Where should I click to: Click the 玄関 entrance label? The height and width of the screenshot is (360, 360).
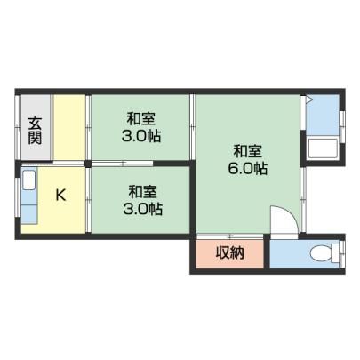35,131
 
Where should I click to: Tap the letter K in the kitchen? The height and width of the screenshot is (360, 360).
60,195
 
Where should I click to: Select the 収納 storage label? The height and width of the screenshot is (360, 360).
229,252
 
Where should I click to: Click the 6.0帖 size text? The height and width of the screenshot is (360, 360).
248,169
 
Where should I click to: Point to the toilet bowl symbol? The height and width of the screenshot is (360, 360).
321,253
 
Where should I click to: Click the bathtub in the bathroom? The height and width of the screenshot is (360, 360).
324,148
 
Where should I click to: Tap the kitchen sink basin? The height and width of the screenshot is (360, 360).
28,180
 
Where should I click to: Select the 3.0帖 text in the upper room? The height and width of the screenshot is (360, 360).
141,136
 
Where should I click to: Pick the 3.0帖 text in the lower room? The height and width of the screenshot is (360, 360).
142,210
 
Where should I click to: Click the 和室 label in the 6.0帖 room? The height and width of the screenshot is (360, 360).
248,151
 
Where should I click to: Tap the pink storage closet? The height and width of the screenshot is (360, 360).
229,254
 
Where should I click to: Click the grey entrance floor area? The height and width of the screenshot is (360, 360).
36,127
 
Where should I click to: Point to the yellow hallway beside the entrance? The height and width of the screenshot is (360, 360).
69,127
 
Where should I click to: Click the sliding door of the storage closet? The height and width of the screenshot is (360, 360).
230,236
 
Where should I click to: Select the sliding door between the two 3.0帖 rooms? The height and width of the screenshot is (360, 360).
123,164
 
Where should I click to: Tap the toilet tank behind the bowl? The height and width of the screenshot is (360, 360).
335,253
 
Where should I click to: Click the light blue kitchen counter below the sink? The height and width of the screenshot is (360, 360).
28,207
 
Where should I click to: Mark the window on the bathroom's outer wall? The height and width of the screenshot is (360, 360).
342,127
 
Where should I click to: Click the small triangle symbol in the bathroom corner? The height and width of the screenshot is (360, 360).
308,100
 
